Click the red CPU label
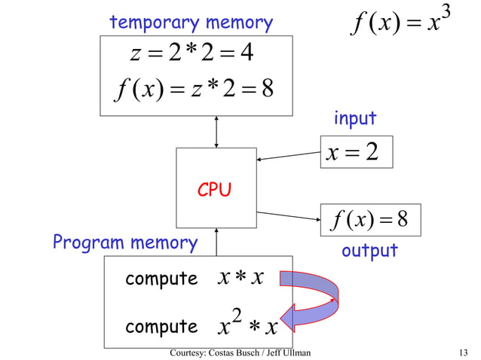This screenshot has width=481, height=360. coord(214,191)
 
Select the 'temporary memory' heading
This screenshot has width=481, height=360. coord(191,23)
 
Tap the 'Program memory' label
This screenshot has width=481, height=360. coord(125,243)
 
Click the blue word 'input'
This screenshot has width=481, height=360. coord(354,119)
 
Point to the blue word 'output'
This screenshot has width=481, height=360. coord(369,251)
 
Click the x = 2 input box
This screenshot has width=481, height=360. coord(357,154)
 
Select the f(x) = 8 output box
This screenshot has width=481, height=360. coord(369,220)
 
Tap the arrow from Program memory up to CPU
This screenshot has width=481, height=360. coord(216,242)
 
